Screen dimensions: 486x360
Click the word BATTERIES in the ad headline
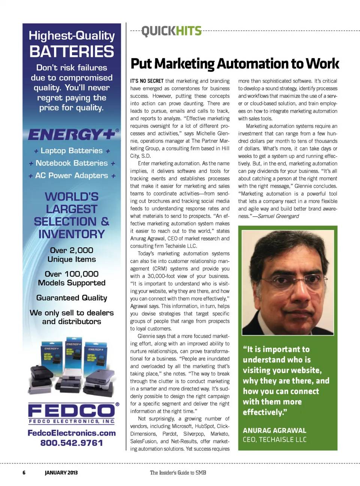[x=72, y=52]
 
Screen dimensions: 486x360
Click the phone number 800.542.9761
[x=72, y=443]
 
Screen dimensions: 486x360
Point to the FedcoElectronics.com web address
[x=72, y=433]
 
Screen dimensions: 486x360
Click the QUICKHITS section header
[x=171, y=31]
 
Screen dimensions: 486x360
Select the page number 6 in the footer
[x=24, y=473]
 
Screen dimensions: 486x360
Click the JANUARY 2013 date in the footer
[x=61, y=473]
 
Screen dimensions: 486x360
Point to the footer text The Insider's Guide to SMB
[x=178, y=473]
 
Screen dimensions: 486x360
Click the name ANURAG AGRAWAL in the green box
[x=274, y=431]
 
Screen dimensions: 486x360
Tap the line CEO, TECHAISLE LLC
[x=274, y=440]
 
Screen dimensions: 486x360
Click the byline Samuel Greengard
[x=278, y=216]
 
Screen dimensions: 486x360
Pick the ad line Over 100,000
[x=72, y=274]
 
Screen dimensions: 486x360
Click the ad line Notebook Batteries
[x=72, y=163]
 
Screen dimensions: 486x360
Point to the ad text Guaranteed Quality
[x=72, y=298]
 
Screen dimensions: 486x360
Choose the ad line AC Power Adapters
[x=72, y=175]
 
